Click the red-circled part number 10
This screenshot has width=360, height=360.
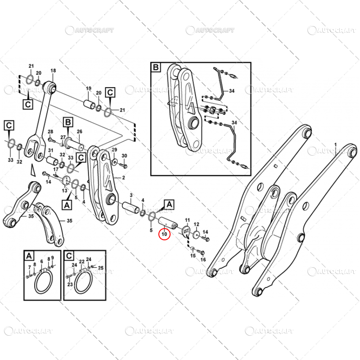click(x=165, y=234)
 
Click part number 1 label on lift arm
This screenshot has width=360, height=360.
click(x=335, y=144)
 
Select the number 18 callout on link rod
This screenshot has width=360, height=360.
click(x=53, y=71)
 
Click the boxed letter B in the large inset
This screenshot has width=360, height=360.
click(x=156, y=68)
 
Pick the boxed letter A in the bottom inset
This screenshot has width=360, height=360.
click(x=29, y=256)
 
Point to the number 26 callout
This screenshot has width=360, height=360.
click(x=79, y=132)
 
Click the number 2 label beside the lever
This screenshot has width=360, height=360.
click(x=123, y=178)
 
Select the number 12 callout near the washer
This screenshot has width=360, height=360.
click(x=196, y=224)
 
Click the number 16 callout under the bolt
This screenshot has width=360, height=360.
click(x=202, y=260)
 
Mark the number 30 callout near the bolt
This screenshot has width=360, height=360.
click(x=125, y=156)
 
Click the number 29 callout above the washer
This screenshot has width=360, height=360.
click(x=114, y=149)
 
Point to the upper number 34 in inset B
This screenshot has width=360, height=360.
click(x=232, y=91)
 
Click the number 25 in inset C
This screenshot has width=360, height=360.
click(x=101, y=268)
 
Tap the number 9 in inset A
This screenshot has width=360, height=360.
click(x=53, y=258)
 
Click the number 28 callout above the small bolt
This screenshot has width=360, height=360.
click(x=51, y=131)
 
